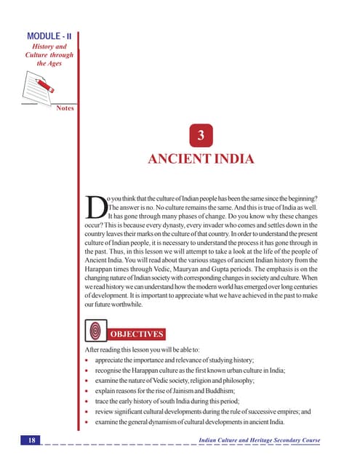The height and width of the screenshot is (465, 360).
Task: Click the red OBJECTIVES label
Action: [x=137, y=334]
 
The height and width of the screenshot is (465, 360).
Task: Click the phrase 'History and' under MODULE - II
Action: [x=51, y=46]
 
